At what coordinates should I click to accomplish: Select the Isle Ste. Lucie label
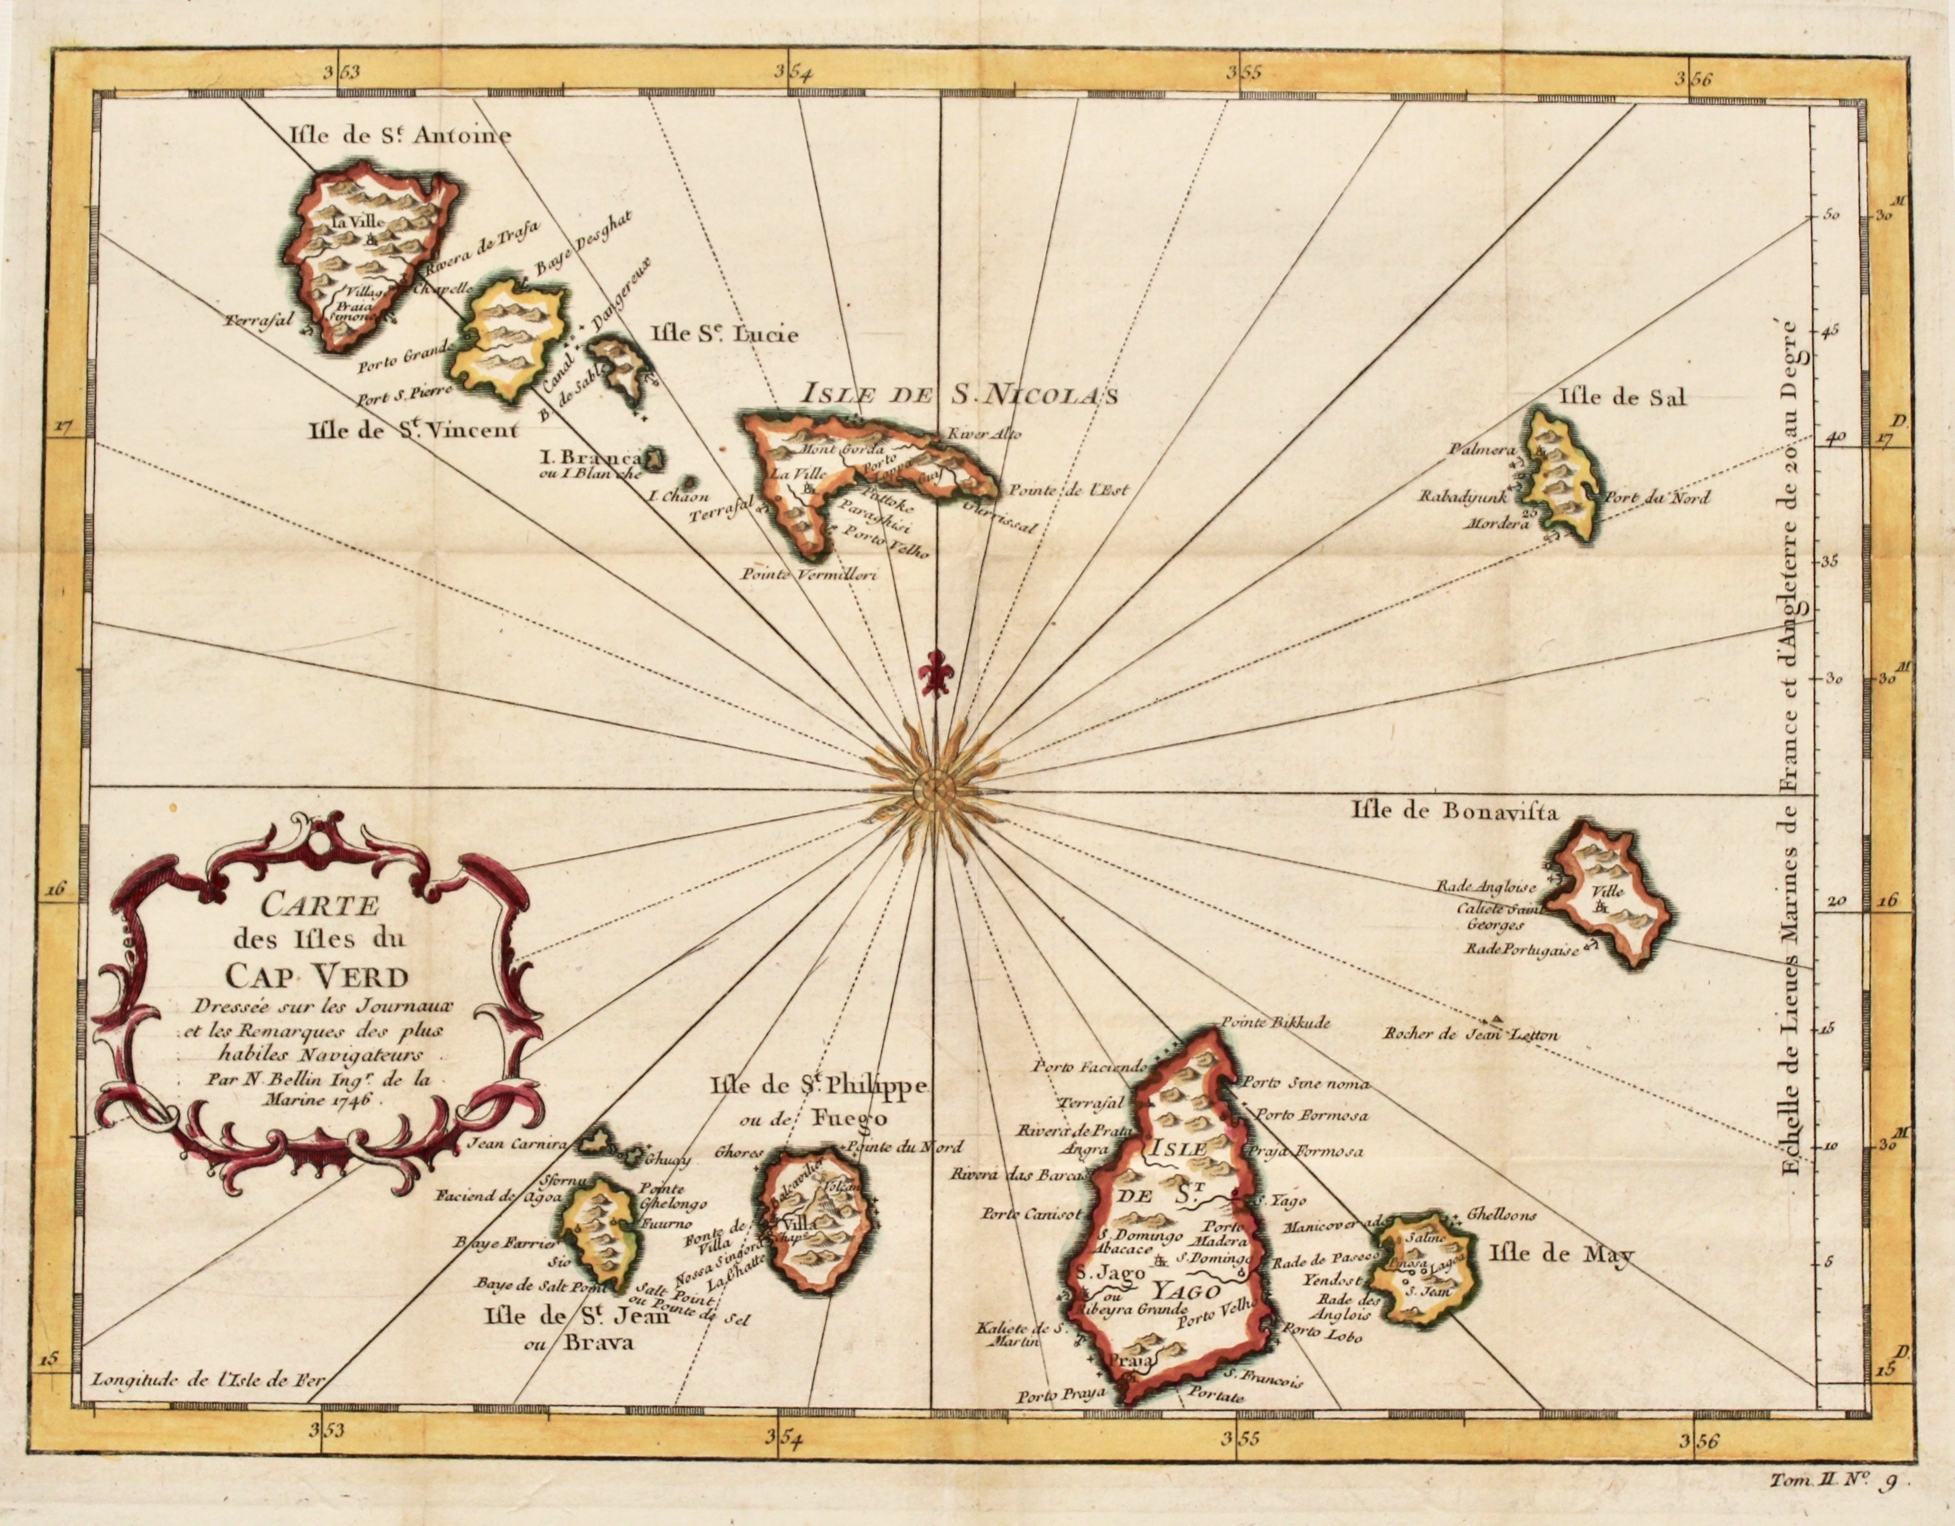[x=725, y=335]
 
